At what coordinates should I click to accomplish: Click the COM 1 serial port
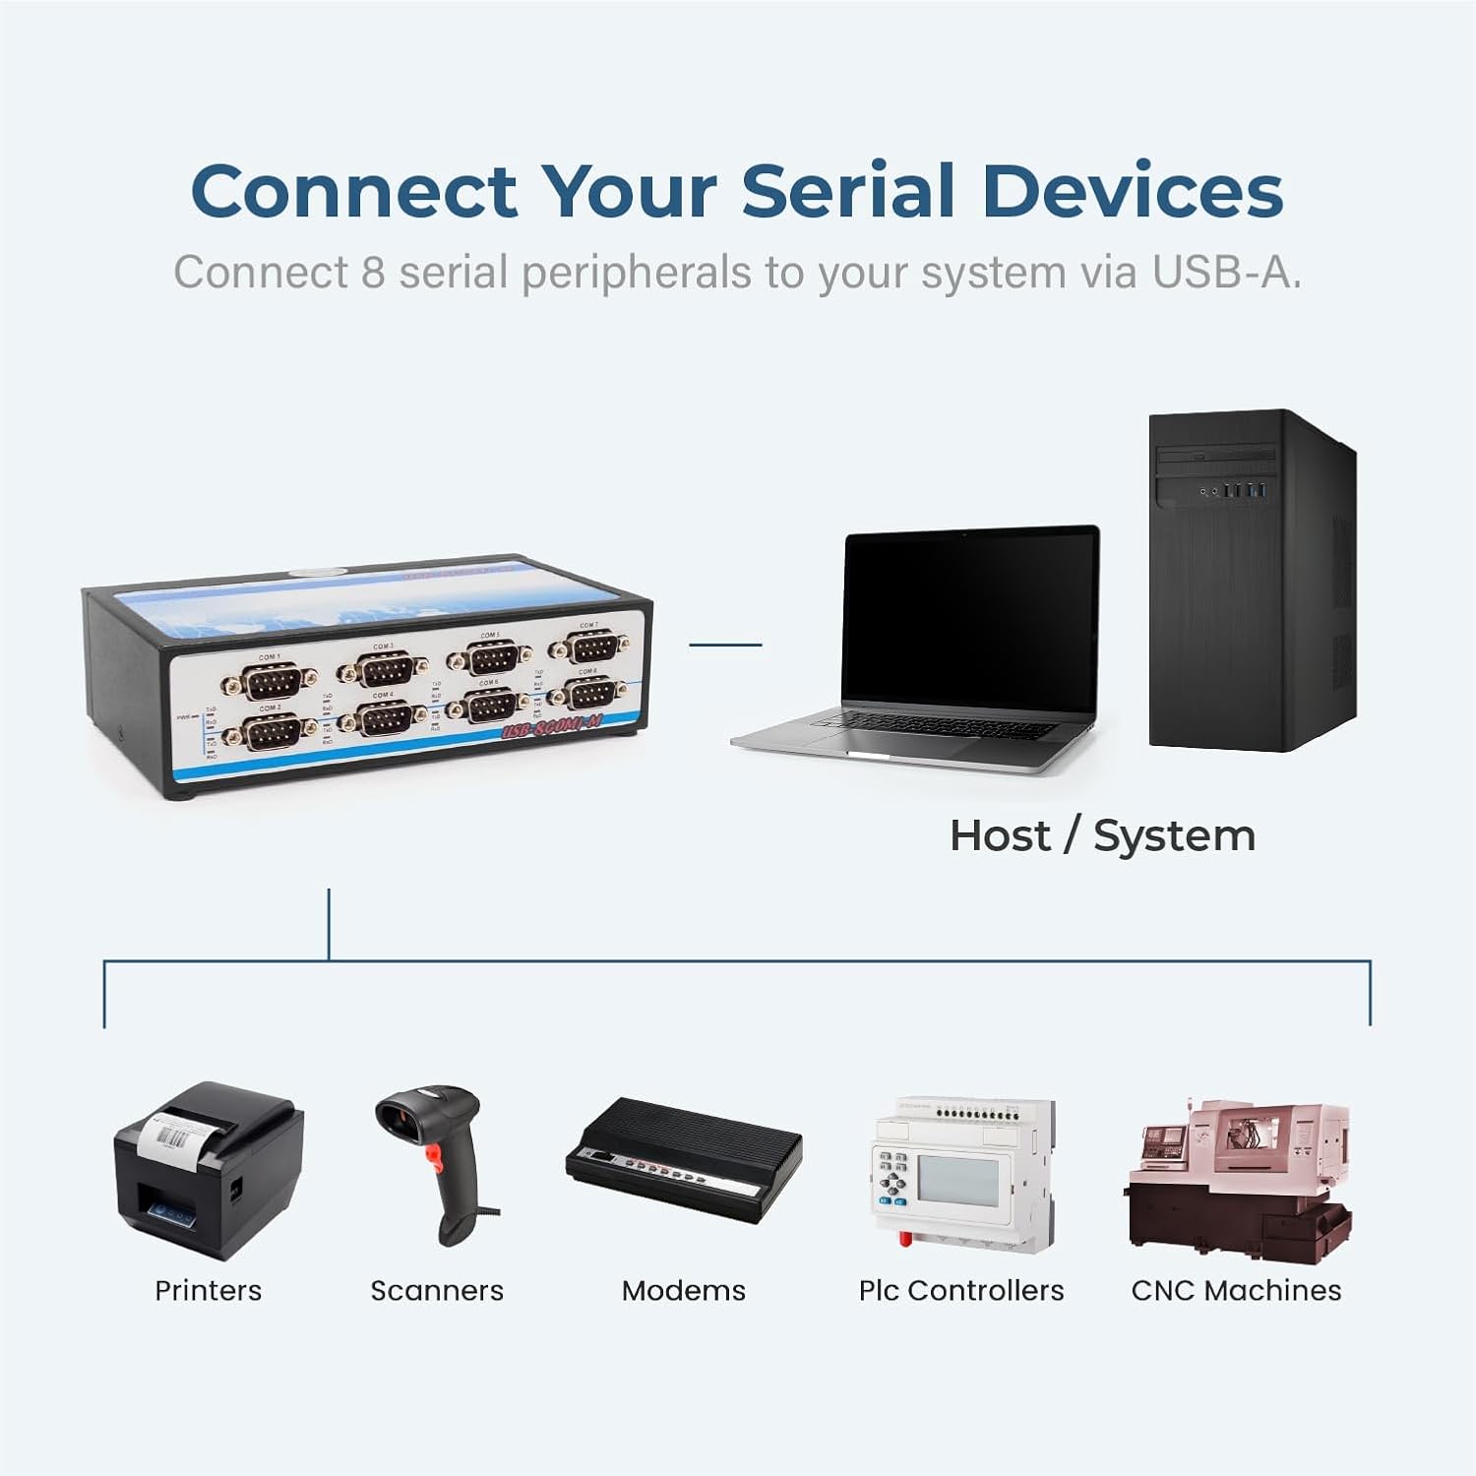point(268,681)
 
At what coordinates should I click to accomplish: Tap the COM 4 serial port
point(384,719)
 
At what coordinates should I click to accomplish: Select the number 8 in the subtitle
point(373,273)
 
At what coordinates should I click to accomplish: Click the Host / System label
point(1102,836)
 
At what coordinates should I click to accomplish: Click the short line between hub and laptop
point(725,645)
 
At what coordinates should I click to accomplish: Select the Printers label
point(209,1290)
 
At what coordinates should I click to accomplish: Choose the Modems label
point(684,1290)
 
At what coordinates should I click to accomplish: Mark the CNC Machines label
point(1236,1290)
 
